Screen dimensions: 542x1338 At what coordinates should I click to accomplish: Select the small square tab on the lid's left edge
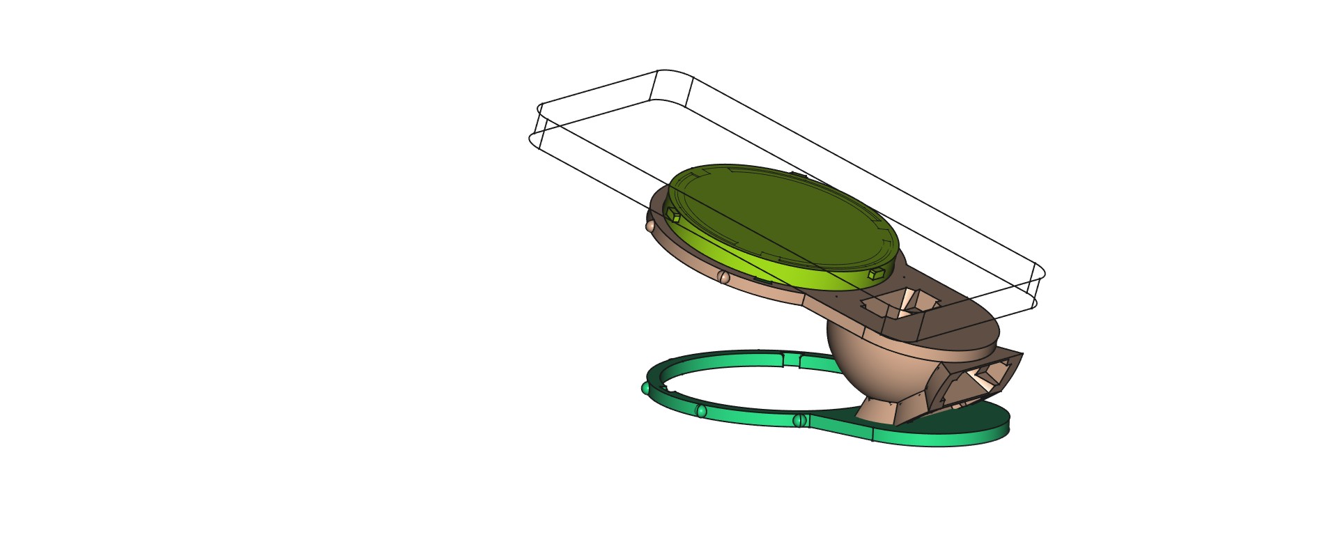coord(673,216)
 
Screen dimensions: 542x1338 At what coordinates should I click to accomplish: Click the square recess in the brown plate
coord(902,304)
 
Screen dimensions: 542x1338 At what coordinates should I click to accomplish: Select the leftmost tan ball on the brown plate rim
coord(649,225)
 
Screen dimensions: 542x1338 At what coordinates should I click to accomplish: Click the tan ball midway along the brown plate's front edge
coord(723,277)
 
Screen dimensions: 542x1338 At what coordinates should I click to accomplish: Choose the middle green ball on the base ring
coord(701,411)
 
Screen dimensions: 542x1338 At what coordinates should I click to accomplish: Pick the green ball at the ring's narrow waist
coord(799,420)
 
